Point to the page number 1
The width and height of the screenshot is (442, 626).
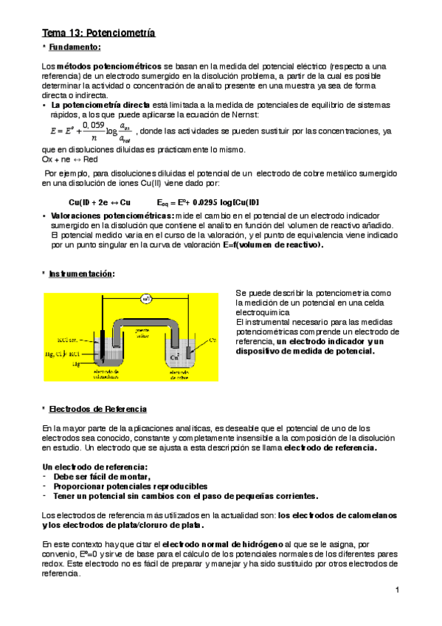click(x=397, y=589)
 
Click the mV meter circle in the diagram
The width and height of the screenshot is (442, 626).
click(x=147, y=299)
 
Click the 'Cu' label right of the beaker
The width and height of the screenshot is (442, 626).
click(x=213, y=340)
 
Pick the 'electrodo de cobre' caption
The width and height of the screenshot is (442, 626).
click(x=181, y=373)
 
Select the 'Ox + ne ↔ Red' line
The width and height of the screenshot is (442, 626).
click(x=71, y=159)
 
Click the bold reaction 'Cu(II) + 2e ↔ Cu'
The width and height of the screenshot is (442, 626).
click(x=100, y=202)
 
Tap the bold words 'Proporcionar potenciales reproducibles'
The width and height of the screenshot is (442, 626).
click(x=125, y=486)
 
